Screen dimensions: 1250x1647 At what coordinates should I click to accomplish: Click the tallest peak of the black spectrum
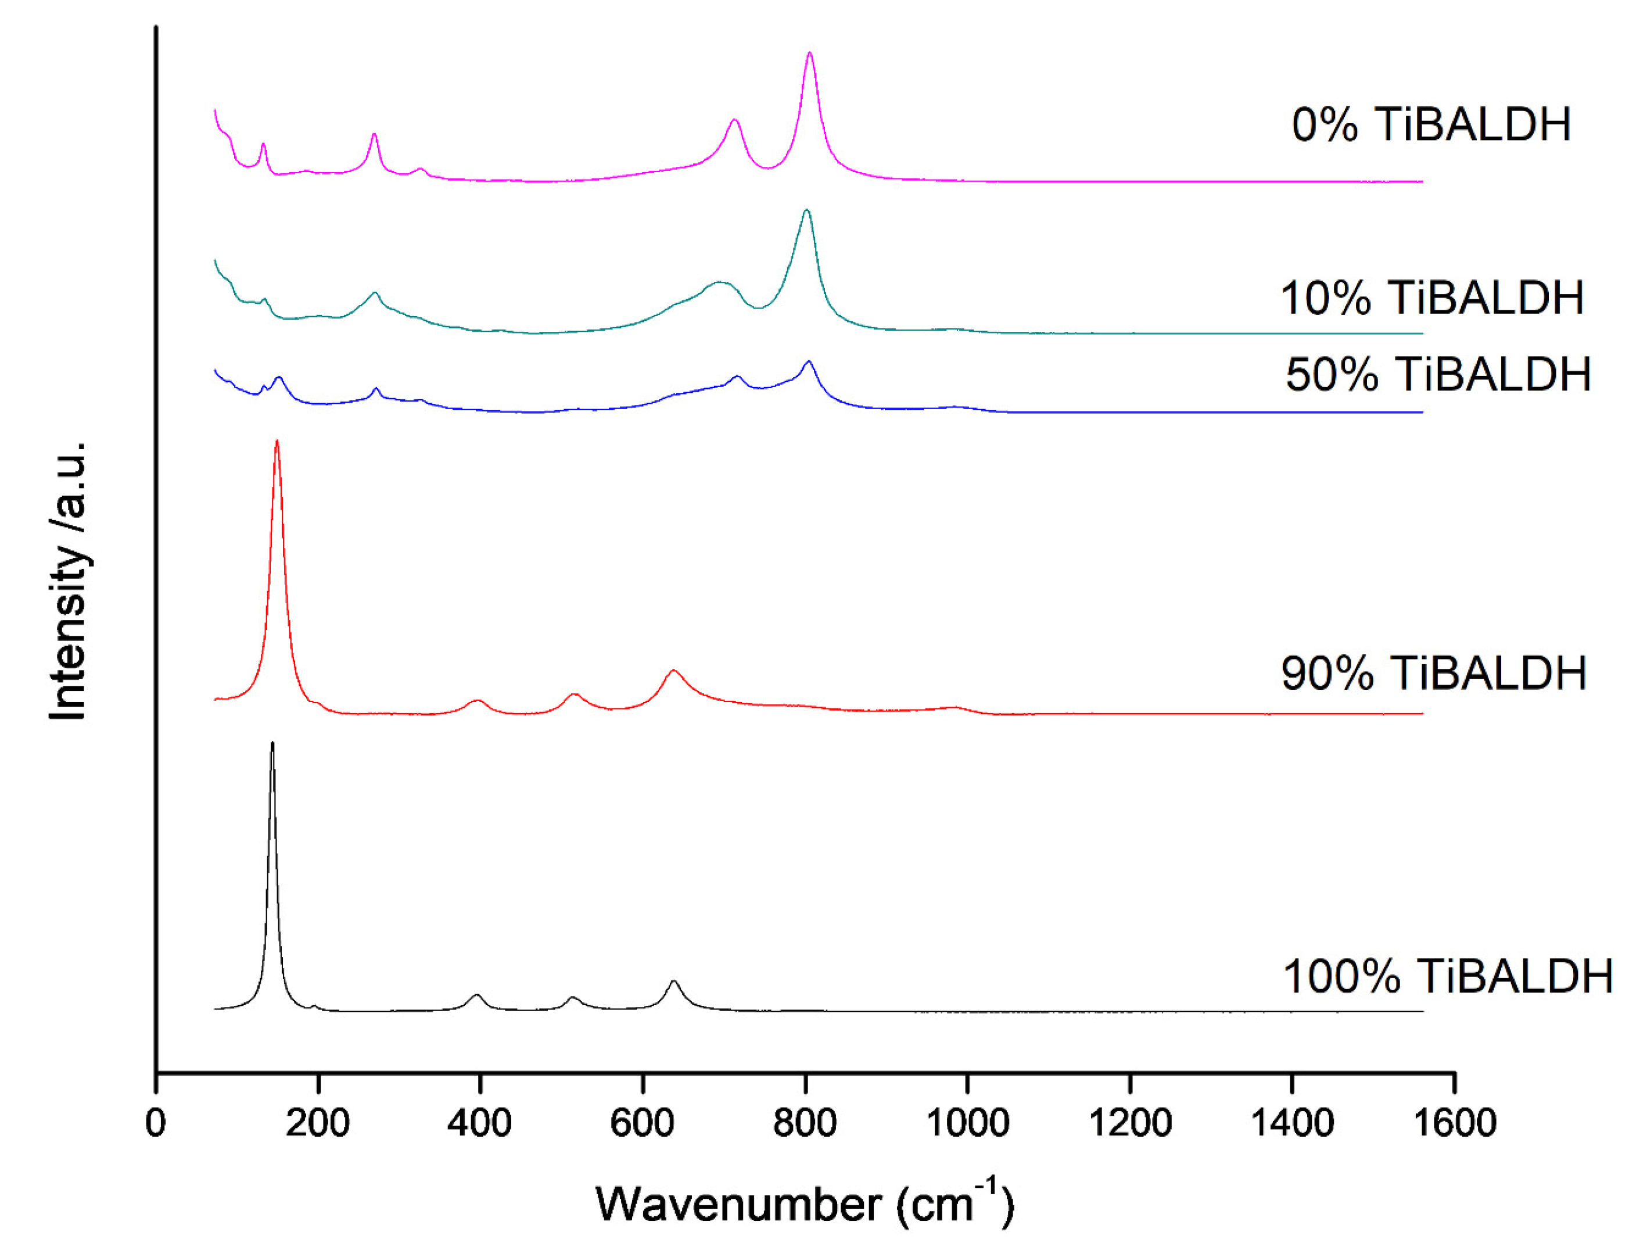coord(272,743)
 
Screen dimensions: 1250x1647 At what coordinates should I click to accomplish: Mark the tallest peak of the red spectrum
coord(277,441)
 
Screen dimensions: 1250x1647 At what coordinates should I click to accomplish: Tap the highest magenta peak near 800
coord(809,53)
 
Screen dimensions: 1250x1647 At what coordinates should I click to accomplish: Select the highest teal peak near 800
coord(806,211)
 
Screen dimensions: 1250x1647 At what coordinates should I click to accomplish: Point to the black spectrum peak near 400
coord(478,995)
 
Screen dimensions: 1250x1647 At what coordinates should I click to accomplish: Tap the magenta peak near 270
coord(375,134)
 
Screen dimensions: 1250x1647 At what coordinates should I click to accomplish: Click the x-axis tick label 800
coord(804,1123)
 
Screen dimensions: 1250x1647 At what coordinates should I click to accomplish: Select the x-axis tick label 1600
coord(1454,1123)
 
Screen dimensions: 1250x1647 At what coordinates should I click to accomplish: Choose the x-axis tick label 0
coord(156,1123)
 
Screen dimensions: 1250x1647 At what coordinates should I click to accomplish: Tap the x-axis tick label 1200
coord(1129,1123)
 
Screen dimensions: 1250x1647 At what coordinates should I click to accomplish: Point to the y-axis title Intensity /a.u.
coord(69,581)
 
